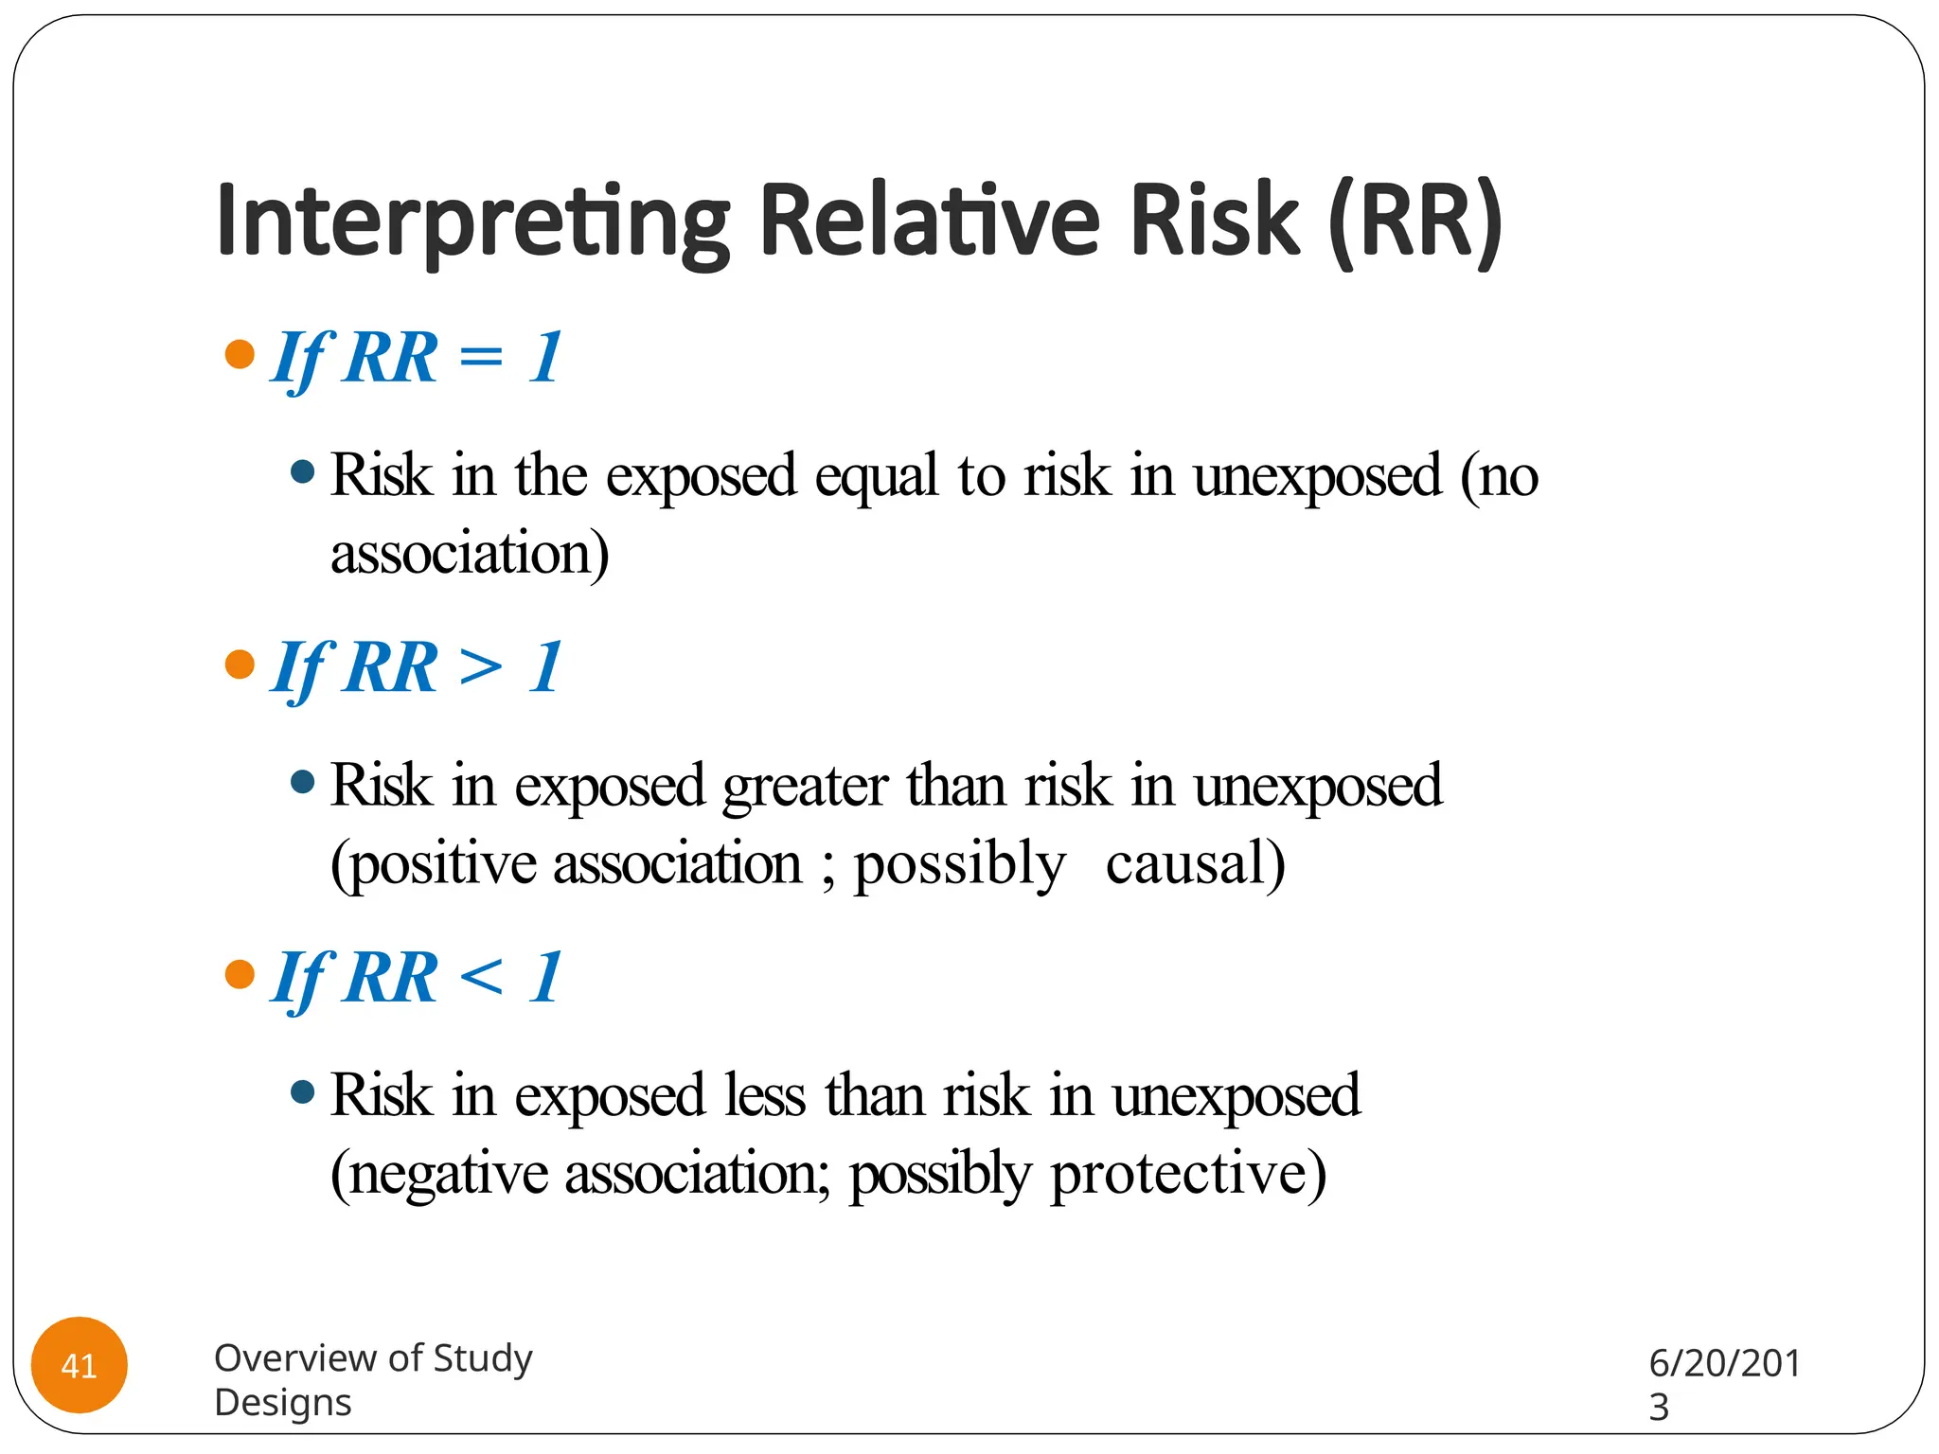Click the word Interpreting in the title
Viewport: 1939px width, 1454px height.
point(471,222)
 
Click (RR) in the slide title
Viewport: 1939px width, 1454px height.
point(1414,221)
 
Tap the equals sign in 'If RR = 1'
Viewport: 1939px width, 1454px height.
point(481,359)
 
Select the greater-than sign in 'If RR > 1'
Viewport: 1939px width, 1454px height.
point(481,668)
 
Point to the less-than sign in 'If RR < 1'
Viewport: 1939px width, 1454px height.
point(481,978)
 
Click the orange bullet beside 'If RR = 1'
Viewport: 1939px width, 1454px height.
point(240,355)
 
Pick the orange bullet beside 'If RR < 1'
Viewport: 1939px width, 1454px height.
point(240,974)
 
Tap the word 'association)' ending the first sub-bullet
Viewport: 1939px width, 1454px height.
point(470,554)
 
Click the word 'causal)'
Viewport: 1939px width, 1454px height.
point(1195,863)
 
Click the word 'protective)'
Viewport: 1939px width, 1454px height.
point(1188,1175)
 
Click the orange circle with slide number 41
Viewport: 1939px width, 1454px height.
point(80,1365)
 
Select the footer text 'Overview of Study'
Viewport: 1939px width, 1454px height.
point(373,1358)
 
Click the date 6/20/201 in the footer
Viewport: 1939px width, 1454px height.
point(1724,1363)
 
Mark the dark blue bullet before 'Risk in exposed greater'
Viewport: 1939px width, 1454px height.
point(302,782)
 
